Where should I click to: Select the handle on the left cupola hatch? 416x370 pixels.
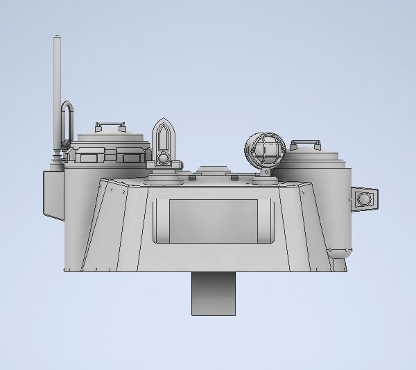coord(108,125)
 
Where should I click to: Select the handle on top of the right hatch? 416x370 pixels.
coord(304,144)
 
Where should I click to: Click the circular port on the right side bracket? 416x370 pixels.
coord(362,200)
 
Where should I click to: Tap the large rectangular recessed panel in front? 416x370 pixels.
coord(214,221)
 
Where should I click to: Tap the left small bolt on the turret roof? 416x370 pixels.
coord(189,178)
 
